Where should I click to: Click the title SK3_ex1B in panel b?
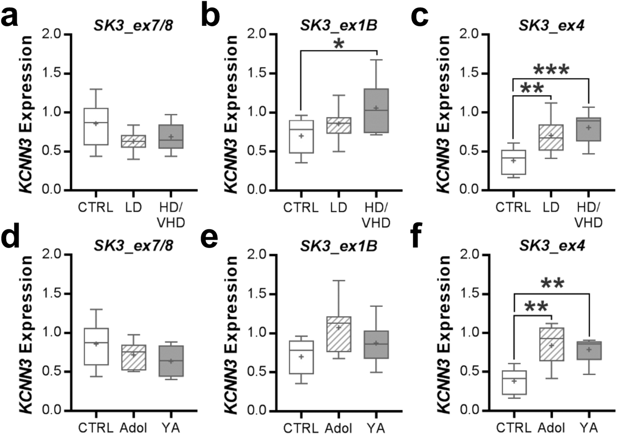click(x=339, y=26)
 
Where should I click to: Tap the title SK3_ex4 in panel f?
click(x=552, y=246)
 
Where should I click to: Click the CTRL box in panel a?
click(x=96, y=126)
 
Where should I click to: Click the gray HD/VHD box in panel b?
click(x=376, y=111)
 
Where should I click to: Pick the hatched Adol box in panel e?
click(x=339, y=334)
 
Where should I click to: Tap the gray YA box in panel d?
click(x=171, y=361)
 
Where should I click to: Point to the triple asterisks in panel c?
click(x=551, y=70)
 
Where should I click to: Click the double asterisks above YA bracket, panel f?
click(x=552, y=284)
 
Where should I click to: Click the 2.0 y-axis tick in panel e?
click(x=257, y=254)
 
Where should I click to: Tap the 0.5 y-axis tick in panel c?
click(x=469, y=151)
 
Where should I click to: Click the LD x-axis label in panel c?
click(x=551, y=207)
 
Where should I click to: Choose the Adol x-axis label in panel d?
click(x=133, y=428)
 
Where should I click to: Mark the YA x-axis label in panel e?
click(x=376, y=428)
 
